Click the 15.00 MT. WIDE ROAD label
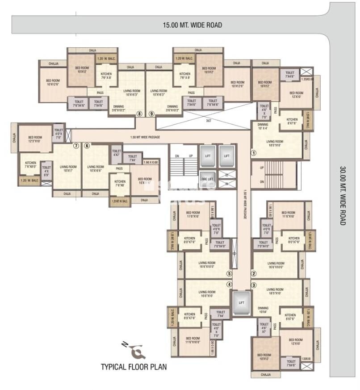pos(192,25)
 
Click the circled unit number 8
pos(139,114)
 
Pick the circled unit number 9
pos(151,114)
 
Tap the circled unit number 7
pos(76,146)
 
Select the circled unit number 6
pos(87,146)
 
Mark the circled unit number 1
pos(253,153)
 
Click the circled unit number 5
pos(230,274)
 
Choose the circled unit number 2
pos(254,274)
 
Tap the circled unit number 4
pos(230,285)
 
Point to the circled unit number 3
pos(254,285)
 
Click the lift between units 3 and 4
pos(242,302)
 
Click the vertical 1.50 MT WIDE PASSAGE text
pos(245,204)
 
